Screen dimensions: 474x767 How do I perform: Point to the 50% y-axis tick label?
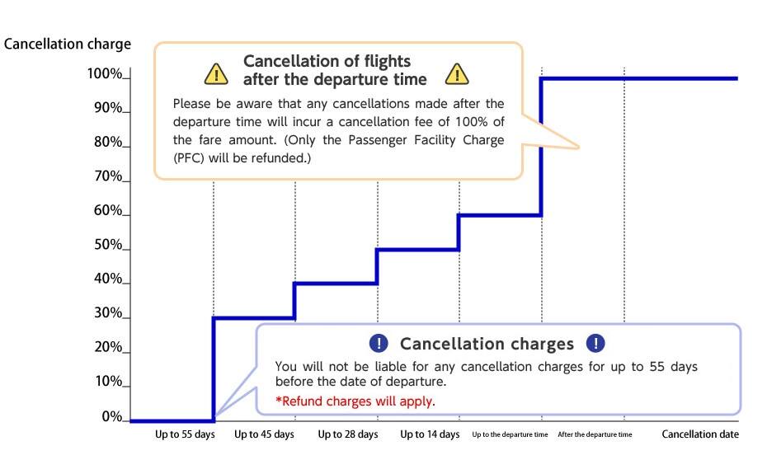pos(107,246)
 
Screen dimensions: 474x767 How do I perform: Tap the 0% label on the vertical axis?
pos(112,416)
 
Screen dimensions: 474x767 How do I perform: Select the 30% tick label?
pos(107,314)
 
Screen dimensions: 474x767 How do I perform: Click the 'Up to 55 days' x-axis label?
pos(185,434)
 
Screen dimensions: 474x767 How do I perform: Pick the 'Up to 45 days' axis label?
pos(264,434)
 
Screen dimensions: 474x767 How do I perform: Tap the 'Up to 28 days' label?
pos(348,434)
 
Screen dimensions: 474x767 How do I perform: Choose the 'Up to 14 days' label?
pos(430,434)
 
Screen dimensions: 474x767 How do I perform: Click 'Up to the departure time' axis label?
pos(510,434)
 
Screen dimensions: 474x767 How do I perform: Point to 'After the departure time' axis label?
pos(595,434)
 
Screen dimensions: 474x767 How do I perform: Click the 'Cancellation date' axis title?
pos(700,434)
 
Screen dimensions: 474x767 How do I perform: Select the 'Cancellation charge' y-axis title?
pos(68,44)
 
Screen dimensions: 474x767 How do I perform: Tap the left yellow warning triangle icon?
pos(216,74)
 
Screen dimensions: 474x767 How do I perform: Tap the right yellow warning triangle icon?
pos(457,74)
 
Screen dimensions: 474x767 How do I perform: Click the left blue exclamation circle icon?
pos(378,344)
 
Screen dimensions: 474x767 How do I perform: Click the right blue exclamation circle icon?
pos(595,344)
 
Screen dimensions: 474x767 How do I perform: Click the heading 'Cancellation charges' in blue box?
pos(487,344)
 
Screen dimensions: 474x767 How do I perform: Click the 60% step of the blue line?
pos(499,215)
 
